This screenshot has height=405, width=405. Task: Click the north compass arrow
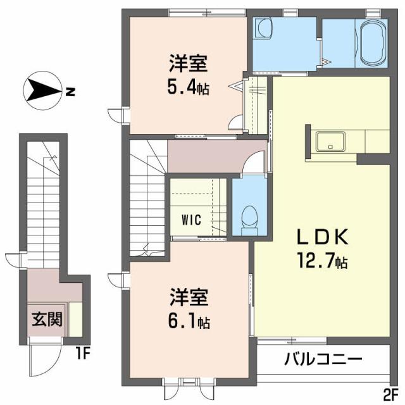pyautogui.click(x=41, y=91)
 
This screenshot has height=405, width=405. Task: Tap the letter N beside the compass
pyautogui.click(x=70, y=92)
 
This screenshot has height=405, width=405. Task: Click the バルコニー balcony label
pyautogui.click(x=322, y=360)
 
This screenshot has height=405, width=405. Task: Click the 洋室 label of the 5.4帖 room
pyautogui.click(x=187, y=64)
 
